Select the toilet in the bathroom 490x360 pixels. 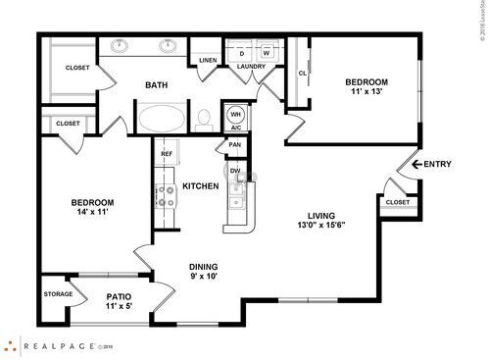click(204, 120)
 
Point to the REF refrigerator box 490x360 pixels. click(166, 154)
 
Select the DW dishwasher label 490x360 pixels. click(235, 171)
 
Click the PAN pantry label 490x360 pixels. click(235, 146)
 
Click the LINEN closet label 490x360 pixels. click(207, 61)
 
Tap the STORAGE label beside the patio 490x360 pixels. click(57, 293)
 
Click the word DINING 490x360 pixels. click(203, 267)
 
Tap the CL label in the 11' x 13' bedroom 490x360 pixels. click(302, 73)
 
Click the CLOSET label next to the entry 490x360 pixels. click(397, 202)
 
